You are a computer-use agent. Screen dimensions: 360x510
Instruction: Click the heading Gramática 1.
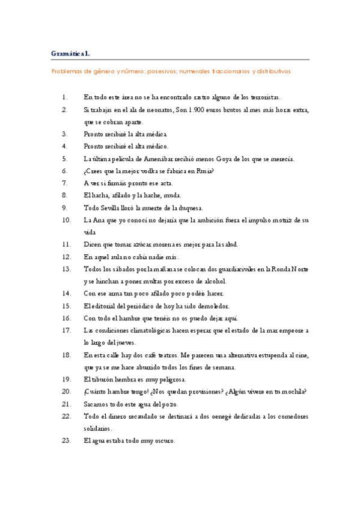coord(71,54)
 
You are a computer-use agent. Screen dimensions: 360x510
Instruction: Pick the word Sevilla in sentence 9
coord(111,207)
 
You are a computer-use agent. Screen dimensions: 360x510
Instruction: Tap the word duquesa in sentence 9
coord(190,207)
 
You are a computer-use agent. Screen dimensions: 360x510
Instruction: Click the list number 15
coord(66,306)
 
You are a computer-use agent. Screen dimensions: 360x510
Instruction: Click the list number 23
coord(66,441)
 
